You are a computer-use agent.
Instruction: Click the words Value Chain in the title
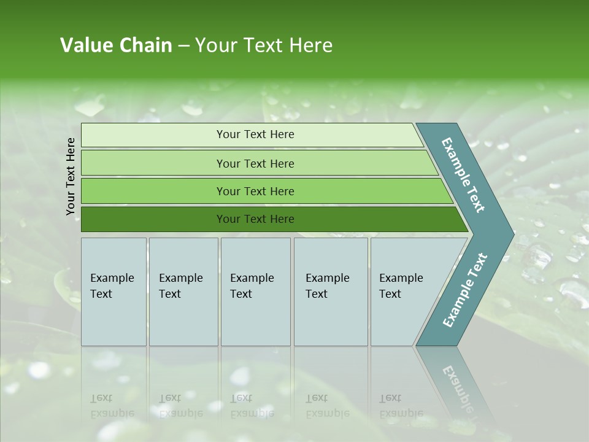coord(116,45)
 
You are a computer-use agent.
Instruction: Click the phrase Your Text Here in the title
coord(264,45)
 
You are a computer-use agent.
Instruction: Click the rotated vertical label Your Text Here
coord(71,177)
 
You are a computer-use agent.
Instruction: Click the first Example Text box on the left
coord(114,292)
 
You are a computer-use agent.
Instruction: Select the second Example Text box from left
coord(183,292)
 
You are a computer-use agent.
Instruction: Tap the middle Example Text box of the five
coord(255,292)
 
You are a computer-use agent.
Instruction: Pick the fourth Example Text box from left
coord(331,292)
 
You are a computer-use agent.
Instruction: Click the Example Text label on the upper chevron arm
coord(464,175)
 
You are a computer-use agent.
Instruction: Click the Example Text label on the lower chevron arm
coord(465,290)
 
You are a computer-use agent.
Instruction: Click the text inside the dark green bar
coord(255,219)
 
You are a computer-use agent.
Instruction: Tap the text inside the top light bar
coord(255,134)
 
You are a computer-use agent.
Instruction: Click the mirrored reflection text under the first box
coord(112,405)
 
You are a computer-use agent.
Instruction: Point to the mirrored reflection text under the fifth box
coord(401,405)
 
